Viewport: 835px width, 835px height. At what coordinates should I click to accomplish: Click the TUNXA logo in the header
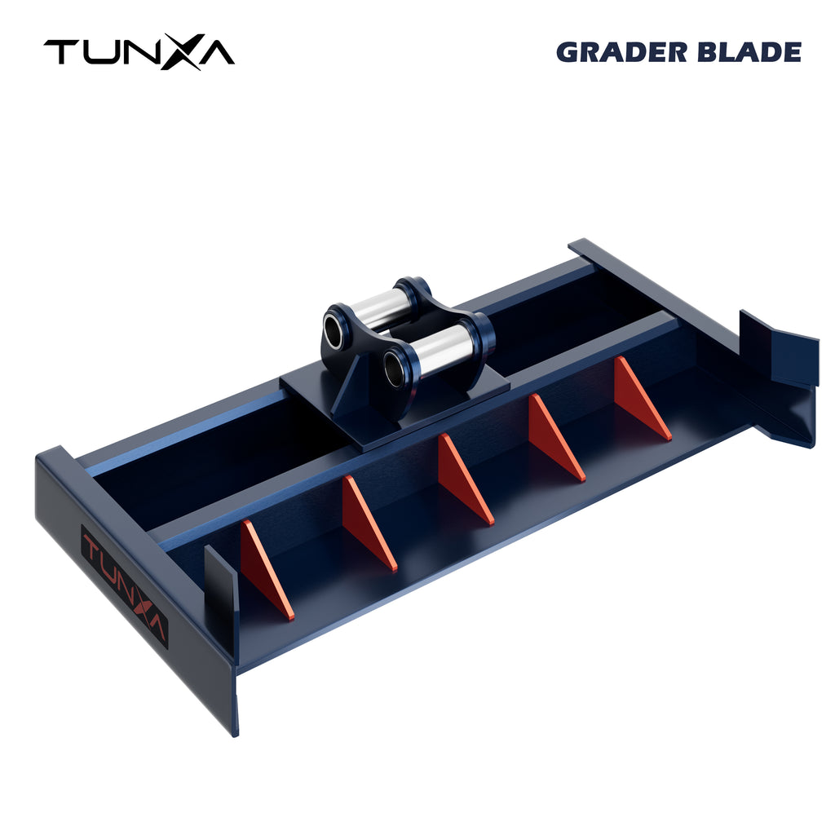click(x=139, y=52)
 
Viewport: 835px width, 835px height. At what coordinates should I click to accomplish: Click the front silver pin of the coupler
click(x=440, y=348)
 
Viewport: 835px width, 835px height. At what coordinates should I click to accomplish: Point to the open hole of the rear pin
click(x=334, y=332)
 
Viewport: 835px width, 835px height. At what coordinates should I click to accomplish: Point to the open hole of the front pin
click(x=394, y=369)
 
